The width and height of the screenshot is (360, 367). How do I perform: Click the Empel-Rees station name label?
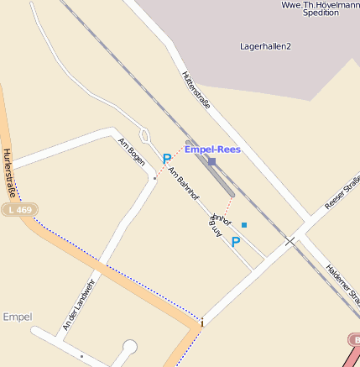click(212, 149)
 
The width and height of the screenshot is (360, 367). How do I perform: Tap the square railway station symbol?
click(211, 161)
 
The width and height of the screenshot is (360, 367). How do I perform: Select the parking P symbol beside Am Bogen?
click(166, 159)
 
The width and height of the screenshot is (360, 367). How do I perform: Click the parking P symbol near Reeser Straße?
click(236, 242)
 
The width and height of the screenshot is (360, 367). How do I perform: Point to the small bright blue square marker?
click(244, 225)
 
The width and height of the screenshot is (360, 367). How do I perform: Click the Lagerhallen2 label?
click(265, 46)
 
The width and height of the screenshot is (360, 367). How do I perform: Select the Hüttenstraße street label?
click(195, 90)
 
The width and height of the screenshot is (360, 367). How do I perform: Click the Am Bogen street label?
click(132, 150)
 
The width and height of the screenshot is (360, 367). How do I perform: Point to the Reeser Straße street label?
click(342, 193)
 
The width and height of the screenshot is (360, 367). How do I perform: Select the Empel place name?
click(17, 317)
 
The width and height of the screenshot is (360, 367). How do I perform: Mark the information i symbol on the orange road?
click(202, 322)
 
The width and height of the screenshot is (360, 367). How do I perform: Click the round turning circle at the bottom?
click(129, 346)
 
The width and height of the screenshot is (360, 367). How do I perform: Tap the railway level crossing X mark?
click(290, 241)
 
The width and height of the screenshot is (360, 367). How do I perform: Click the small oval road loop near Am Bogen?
click(143, 134)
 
